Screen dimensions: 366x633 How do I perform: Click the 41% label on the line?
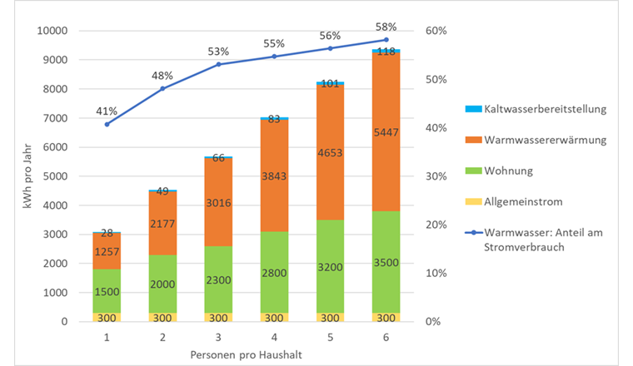pos(107,111)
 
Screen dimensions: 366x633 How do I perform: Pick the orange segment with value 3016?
pos(218,201)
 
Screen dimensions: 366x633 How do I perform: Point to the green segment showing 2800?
pos(274,272)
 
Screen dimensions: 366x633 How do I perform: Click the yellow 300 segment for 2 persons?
pos(163,317)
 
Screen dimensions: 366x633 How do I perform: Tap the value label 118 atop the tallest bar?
pos(386,51)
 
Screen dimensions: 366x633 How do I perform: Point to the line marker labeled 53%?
pos(218,64)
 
